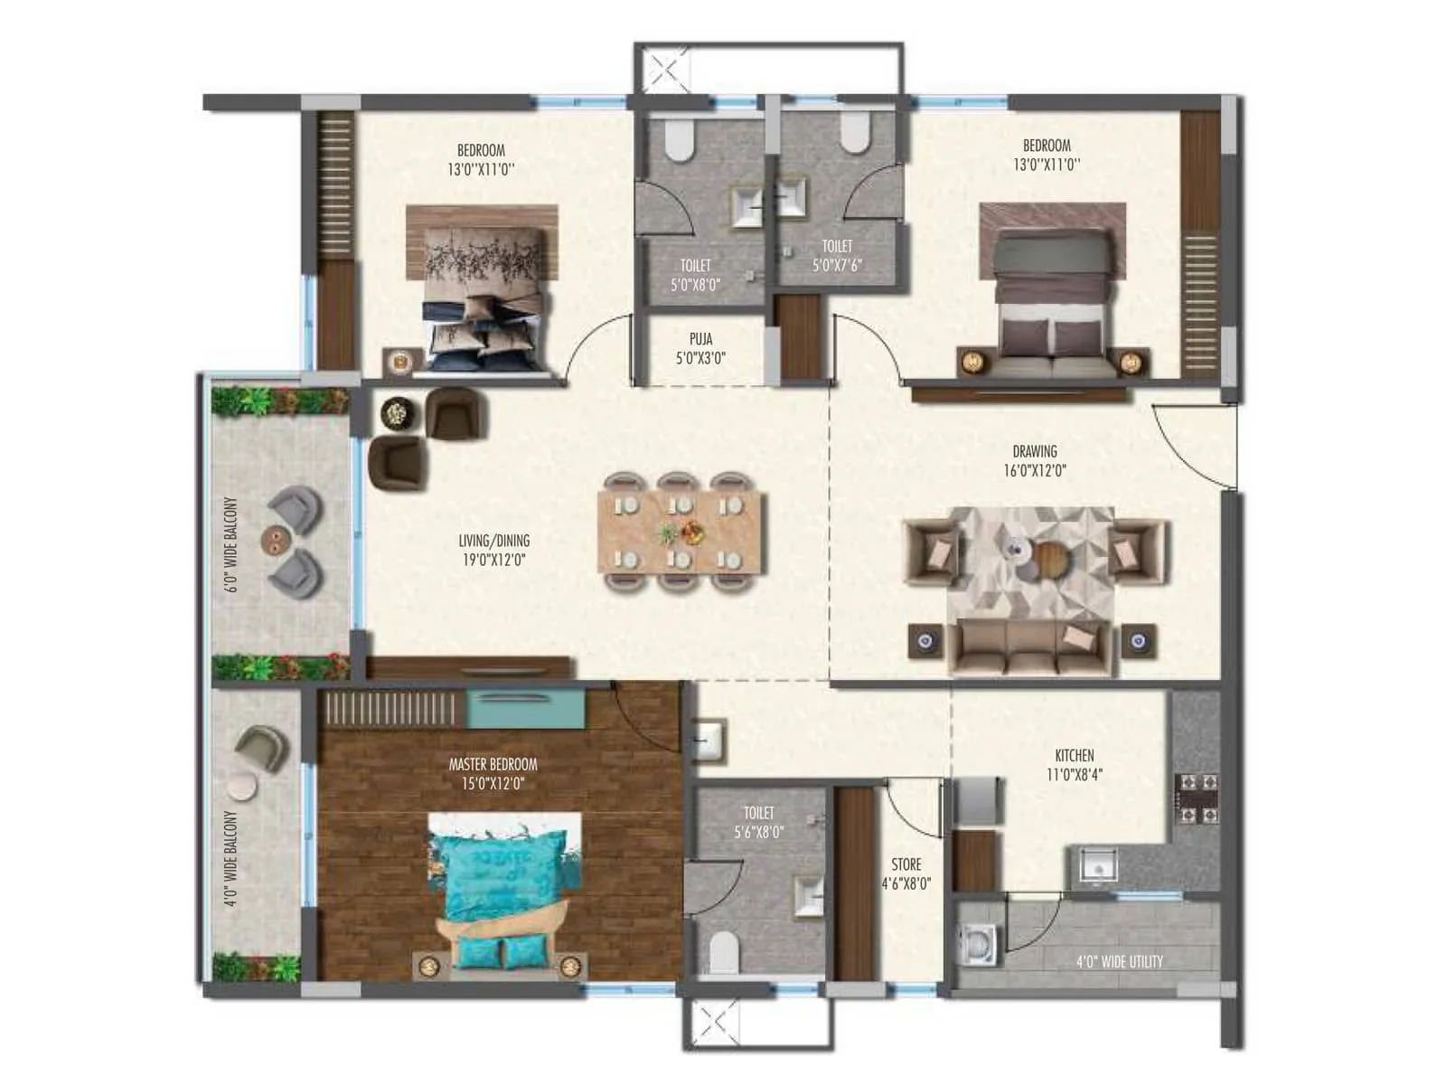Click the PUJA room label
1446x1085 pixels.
tap(700, 348)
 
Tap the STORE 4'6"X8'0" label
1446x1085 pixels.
tap(906, 874)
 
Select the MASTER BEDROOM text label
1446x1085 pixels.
tap(493, 774)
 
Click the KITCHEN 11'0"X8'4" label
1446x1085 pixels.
tap(1074, 764)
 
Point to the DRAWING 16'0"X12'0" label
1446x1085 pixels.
tap(1034, 460)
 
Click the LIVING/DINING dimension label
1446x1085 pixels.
tap(493, 550)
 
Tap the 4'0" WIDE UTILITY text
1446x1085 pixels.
tap(1119, 961)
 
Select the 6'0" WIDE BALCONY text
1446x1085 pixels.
tap(231, 545)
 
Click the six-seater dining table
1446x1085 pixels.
tap(681, 532)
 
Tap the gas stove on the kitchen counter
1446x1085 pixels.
tap(1196, 799)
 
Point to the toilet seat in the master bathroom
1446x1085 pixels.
tap(725, 951)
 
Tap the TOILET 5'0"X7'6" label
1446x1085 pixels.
tap(837, 255)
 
